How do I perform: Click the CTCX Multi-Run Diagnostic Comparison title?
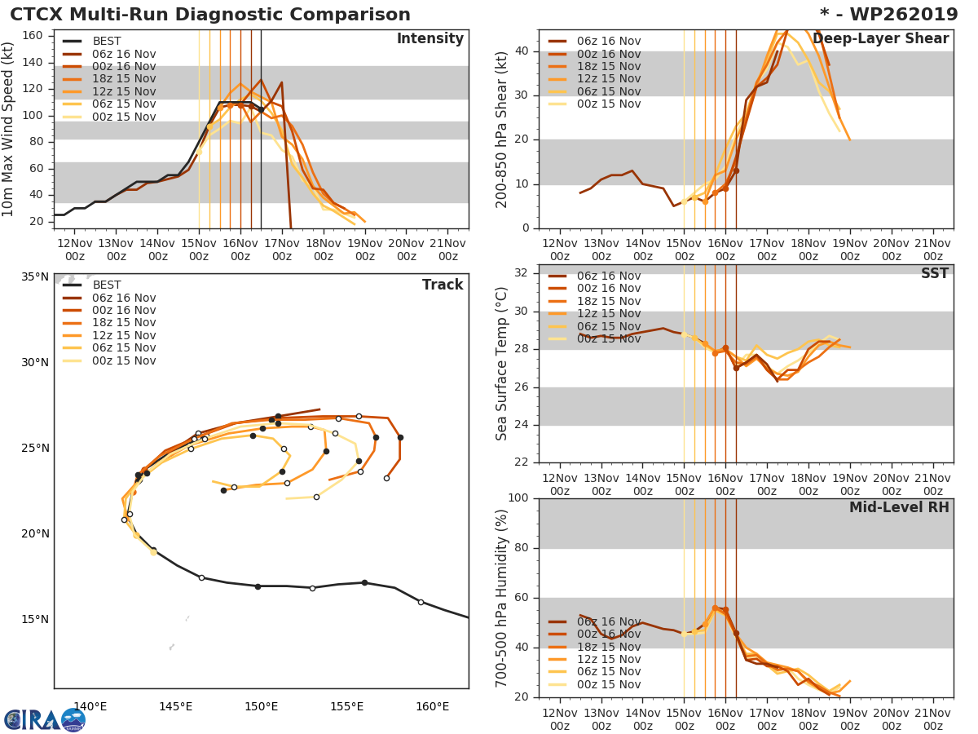(x=210, y=15)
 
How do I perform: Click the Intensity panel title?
(x=430, y=39)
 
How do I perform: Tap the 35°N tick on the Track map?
(x=35, y=276)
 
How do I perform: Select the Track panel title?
(x=443, y=285)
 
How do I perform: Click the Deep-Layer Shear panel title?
(x=880, y=39)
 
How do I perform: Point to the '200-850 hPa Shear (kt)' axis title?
(x=502, y=129)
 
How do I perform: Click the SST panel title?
(x=935, y=274)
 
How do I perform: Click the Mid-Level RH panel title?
(x=899, y=508)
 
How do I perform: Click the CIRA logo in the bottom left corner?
(x=45, y=719)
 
